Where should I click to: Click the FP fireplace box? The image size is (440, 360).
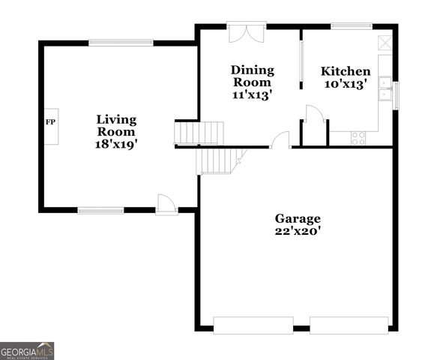click(51, 121)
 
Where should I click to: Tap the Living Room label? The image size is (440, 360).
click(116, 125)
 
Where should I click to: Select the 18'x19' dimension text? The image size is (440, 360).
click(116, 143)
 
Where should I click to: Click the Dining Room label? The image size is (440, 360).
click(252, 76)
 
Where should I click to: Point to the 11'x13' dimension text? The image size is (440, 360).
click(252, 94)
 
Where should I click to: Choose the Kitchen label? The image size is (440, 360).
click(346, 71)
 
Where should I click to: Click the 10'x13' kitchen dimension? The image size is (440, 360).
click(346, 85)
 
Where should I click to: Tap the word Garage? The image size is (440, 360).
click(297, 218)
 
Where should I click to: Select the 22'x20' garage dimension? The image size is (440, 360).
click(297, 232)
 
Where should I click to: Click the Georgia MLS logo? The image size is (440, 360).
click(27, 351)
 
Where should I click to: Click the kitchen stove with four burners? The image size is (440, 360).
click(358, 138)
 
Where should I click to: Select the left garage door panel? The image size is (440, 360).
click(253, 325)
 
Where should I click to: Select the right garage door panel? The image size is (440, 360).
click(349, 325)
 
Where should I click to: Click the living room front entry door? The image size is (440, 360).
click(166, 205)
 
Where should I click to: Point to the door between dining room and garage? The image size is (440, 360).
click(280, 140)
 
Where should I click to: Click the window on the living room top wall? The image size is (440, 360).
click(121, 42)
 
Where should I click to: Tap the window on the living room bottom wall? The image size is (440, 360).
click(101, 210)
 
